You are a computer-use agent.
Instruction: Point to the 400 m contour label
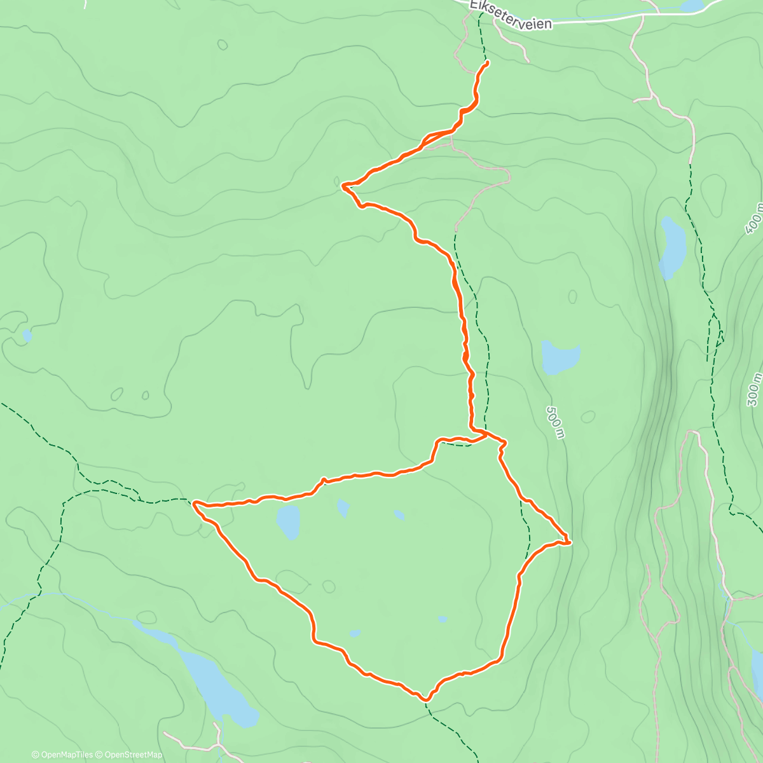point(754,218)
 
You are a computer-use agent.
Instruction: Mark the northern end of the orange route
point(487,62)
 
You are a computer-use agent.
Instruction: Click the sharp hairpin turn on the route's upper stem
point(343,186)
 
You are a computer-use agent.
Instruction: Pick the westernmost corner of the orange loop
point(194,503)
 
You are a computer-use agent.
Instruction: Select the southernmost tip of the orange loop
point(425,699)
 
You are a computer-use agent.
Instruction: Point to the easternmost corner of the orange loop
point(568,542)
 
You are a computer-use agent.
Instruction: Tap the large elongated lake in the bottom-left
point(210,674)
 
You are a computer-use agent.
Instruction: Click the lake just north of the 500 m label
point(560,357)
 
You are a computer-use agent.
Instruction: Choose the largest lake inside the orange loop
point(288,521)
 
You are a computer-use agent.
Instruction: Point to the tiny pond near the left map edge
point(27,335)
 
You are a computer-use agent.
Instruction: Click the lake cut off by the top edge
point(692,6)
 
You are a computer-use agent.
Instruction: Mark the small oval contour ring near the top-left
point(222,45)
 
